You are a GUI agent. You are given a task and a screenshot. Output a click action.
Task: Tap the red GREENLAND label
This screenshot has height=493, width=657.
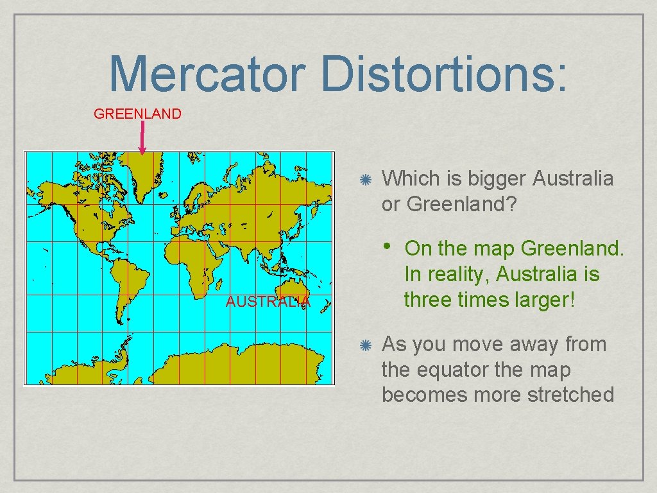tap(137, 114)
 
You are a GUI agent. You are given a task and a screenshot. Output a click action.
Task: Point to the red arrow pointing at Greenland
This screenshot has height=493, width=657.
tap(142, 138)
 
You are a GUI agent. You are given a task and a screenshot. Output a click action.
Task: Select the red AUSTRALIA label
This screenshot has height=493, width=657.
tap(268, 302)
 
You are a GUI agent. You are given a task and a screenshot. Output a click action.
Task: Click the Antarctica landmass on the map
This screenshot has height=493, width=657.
tap(257, 366)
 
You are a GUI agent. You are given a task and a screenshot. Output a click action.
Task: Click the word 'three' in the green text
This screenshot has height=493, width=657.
tap(427, 300)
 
